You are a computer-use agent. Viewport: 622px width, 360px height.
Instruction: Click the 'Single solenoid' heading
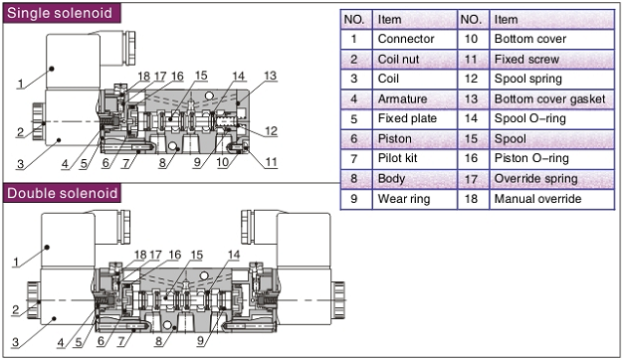click(x=60, y=13)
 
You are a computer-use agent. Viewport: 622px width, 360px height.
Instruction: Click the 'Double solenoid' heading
click(x=63, y=193)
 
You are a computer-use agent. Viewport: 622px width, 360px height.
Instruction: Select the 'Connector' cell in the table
click(x=415, y=39)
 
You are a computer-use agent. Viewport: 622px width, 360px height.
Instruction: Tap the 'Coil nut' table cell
click(x=415, y=59)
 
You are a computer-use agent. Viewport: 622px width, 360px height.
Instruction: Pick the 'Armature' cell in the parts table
click(x=415, y=98)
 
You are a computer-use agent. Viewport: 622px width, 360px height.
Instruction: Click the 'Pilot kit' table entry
click(x=415, y=158)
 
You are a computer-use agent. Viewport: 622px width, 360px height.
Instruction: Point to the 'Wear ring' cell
click(x=415, y=199)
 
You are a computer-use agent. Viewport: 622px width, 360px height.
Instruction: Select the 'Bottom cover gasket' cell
click(x=551, y=98)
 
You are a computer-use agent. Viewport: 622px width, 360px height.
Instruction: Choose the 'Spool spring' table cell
click(x=551, y=79)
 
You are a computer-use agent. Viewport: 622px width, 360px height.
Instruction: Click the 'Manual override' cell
click(x=551, y=199)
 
